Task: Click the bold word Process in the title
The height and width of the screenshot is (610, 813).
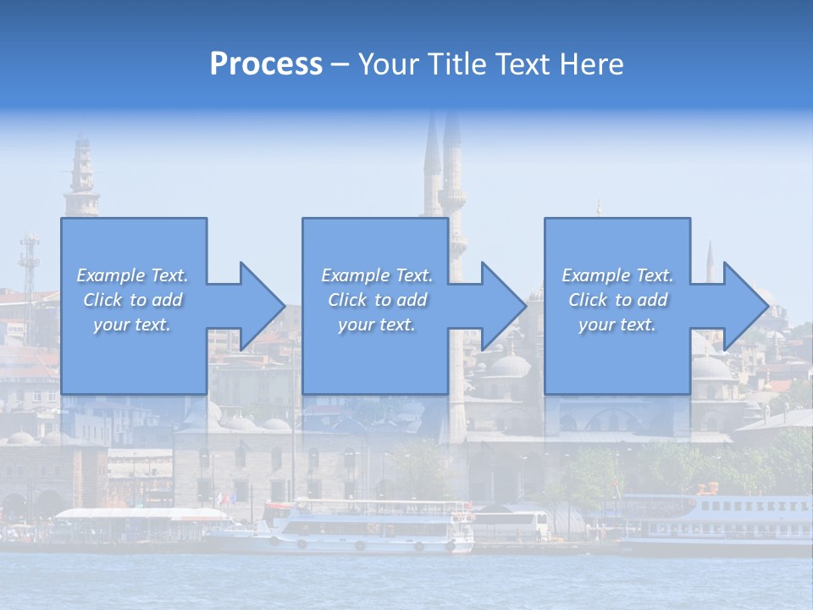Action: [266, 64]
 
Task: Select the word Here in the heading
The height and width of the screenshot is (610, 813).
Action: [590, 64]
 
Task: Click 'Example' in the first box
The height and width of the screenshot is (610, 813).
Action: [110, 275]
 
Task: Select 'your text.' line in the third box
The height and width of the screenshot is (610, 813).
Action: [617, 324]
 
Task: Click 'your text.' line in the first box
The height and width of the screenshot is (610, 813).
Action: [132, 324]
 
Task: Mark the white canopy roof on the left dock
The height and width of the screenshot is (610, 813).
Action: [135, 513]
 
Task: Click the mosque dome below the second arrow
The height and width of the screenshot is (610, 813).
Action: [509, 366]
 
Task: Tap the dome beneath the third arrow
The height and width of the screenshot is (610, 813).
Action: [711, 367]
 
